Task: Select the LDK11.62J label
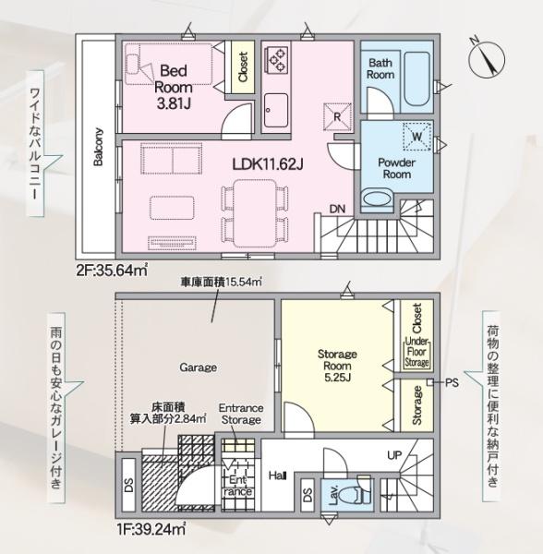pos(268,163)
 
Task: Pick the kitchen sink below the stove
pos(276,110)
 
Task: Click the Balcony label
pos(97,146)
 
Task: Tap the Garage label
pos(198,367)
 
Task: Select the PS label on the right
pos(452,382)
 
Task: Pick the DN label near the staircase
pos(339,210)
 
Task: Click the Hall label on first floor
pos(277,475)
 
